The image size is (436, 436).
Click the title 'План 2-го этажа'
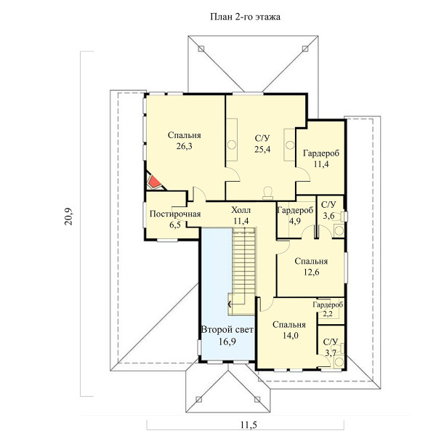245,17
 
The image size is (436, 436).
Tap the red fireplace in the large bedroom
154,182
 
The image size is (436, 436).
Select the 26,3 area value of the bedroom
184,146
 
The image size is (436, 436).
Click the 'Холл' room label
241,210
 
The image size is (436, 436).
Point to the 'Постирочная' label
175,214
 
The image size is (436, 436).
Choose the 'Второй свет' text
227,330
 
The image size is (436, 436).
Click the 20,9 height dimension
68,217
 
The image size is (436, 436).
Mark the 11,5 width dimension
249,425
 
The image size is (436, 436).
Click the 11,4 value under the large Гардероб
321,164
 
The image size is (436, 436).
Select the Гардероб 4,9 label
295,216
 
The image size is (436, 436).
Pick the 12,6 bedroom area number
312,272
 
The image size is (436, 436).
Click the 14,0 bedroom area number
290,335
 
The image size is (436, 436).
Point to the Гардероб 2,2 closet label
328,309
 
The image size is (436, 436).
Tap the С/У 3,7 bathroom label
331,347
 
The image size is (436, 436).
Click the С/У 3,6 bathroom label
328,210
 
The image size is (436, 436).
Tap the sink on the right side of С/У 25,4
290,145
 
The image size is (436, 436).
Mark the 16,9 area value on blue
227,342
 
